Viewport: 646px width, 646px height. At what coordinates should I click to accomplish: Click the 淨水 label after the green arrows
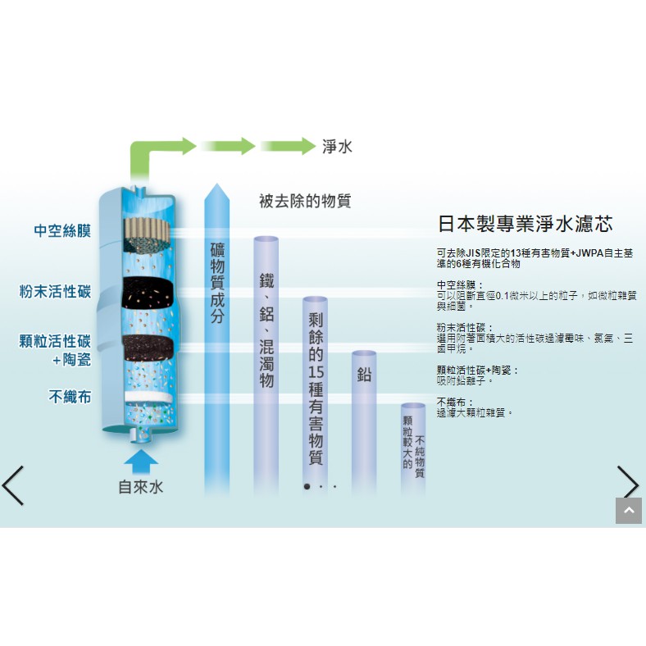[x=337, y=147]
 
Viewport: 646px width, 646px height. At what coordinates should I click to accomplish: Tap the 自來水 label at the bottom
[x=141, y=487]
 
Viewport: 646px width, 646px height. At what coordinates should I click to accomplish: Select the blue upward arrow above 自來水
[x=141, y=461]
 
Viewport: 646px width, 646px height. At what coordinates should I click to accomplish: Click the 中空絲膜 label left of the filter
[x=62, y=230]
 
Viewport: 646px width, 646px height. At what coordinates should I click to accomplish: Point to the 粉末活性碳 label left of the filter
[x=55, y=291]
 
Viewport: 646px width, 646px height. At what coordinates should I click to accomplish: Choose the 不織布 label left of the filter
[x=70, y=397]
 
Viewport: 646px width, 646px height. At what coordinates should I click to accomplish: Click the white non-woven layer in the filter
[x=149, y=397]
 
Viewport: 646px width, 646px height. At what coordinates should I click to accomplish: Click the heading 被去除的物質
[x=305, y=201]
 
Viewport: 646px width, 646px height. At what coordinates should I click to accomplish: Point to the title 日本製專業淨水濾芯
[x=525, y=224]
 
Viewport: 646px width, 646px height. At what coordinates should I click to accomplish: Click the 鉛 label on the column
[x=364, y=375]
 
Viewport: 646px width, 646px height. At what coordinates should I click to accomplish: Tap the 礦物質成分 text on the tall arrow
[x=217, y=283]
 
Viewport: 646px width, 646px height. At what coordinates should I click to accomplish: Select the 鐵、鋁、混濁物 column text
[x=266, y=330]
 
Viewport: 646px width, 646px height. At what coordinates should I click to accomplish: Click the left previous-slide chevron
[x=13, y=486]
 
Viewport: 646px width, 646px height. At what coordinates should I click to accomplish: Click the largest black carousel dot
[x=307, y=487]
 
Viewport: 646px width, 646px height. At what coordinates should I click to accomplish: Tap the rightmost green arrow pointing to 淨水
[x=288, y=146]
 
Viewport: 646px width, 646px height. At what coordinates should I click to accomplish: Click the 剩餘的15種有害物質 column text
[x=316, y=389]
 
